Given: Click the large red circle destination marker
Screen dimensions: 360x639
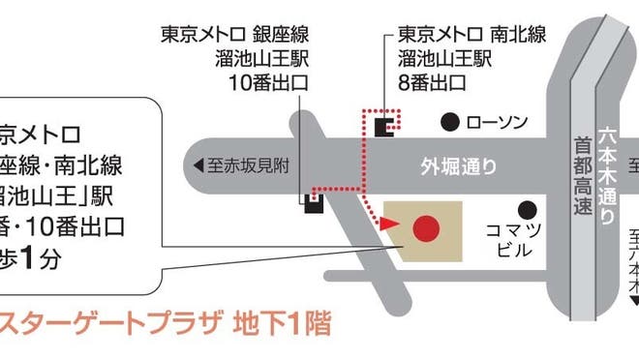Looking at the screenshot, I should click(x=426, y=229).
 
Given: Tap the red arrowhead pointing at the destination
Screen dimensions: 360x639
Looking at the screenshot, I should click(x=388, y=225).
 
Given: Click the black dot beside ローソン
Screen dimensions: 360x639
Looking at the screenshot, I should click(x=448, y=122).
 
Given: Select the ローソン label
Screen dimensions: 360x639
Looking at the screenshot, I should click(x=497, y=122).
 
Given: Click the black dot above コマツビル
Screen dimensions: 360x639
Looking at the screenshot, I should click(x=526, y=208).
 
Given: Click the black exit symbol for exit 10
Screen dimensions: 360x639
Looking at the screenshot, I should click(x=314, y=202).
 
